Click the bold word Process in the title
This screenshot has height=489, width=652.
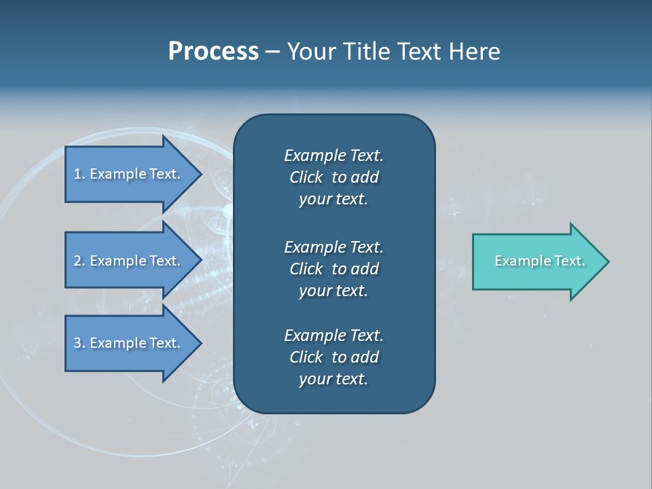coord(213,52)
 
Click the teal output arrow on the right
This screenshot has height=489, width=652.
coord(537,261)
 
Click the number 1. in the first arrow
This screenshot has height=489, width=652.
coord(79,174)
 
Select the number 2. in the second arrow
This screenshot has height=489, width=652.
coord(79,261)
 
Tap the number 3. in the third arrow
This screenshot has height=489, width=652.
coord(79,343)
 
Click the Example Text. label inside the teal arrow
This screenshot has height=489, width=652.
coord(539,261)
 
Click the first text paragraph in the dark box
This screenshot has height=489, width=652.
coord(333,177)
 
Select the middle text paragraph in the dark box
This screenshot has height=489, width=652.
coord(333,268)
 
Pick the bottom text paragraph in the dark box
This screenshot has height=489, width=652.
coord(333,357)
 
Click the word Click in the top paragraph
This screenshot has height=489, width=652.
coord(306,177)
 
